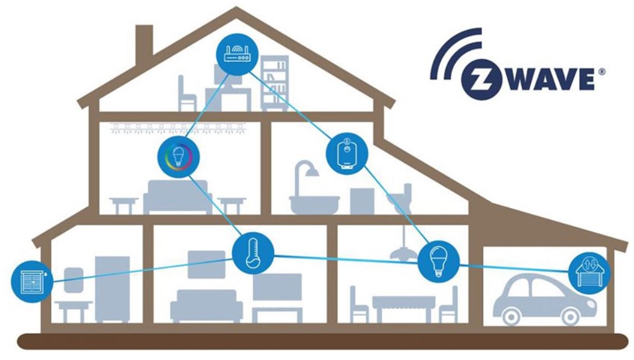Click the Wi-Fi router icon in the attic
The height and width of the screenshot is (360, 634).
(237, 54)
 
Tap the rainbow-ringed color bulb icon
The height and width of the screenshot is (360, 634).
(178, 157)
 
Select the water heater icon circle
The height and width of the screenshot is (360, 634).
(347, 154)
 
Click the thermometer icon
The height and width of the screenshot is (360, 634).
(253, 253)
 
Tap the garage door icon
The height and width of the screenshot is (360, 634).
(589, 273)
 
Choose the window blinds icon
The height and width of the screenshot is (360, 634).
(32, 282)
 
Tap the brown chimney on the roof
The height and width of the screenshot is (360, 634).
(145, 40)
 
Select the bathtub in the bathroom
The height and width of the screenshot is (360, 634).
(314, 204)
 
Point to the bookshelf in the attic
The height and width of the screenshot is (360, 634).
(275, 83)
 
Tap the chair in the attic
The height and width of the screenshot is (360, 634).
(187, 93)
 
